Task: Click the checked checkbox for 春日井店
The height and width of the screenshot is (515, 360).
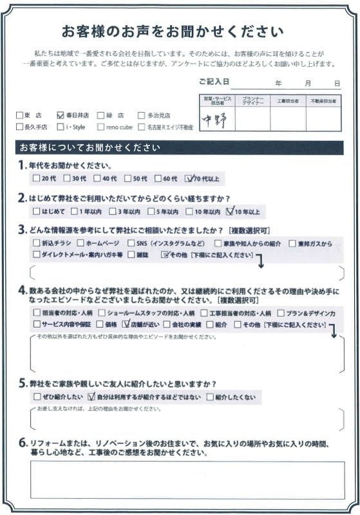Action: coord(60,115)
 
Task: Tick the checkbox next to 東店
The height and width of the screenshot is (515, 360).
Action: coord(19,115)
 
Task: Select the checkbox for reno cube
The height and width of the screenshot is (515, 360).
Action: coord(101,127)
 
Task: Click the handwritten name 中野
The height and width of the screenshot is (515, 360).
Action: coord(215,118)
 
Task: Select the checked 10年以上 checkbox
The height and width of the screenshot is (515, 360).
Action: coord(231,211)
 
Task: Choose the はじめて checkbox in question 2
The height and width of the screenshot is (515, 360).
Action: coord(35,211)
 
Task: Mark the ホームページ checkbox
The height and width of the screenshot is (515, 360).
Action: coord(81,244)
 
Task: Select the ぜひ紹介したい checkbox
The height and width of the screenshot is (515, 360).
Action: coord(35,397)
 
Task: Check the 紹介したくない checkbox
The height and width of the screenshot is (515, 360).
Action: coord(210,397)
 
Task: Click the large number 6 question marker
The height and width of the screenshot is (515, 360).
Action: coord(23,443)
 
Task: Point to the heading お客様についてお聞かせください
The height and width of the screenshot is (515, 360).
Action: coord(90,147)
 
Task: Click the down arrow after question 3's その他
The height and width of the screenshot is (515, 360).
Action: coord(260,260)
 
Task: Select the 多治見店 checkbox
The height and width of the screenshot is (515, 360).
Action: coord(142,115)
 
